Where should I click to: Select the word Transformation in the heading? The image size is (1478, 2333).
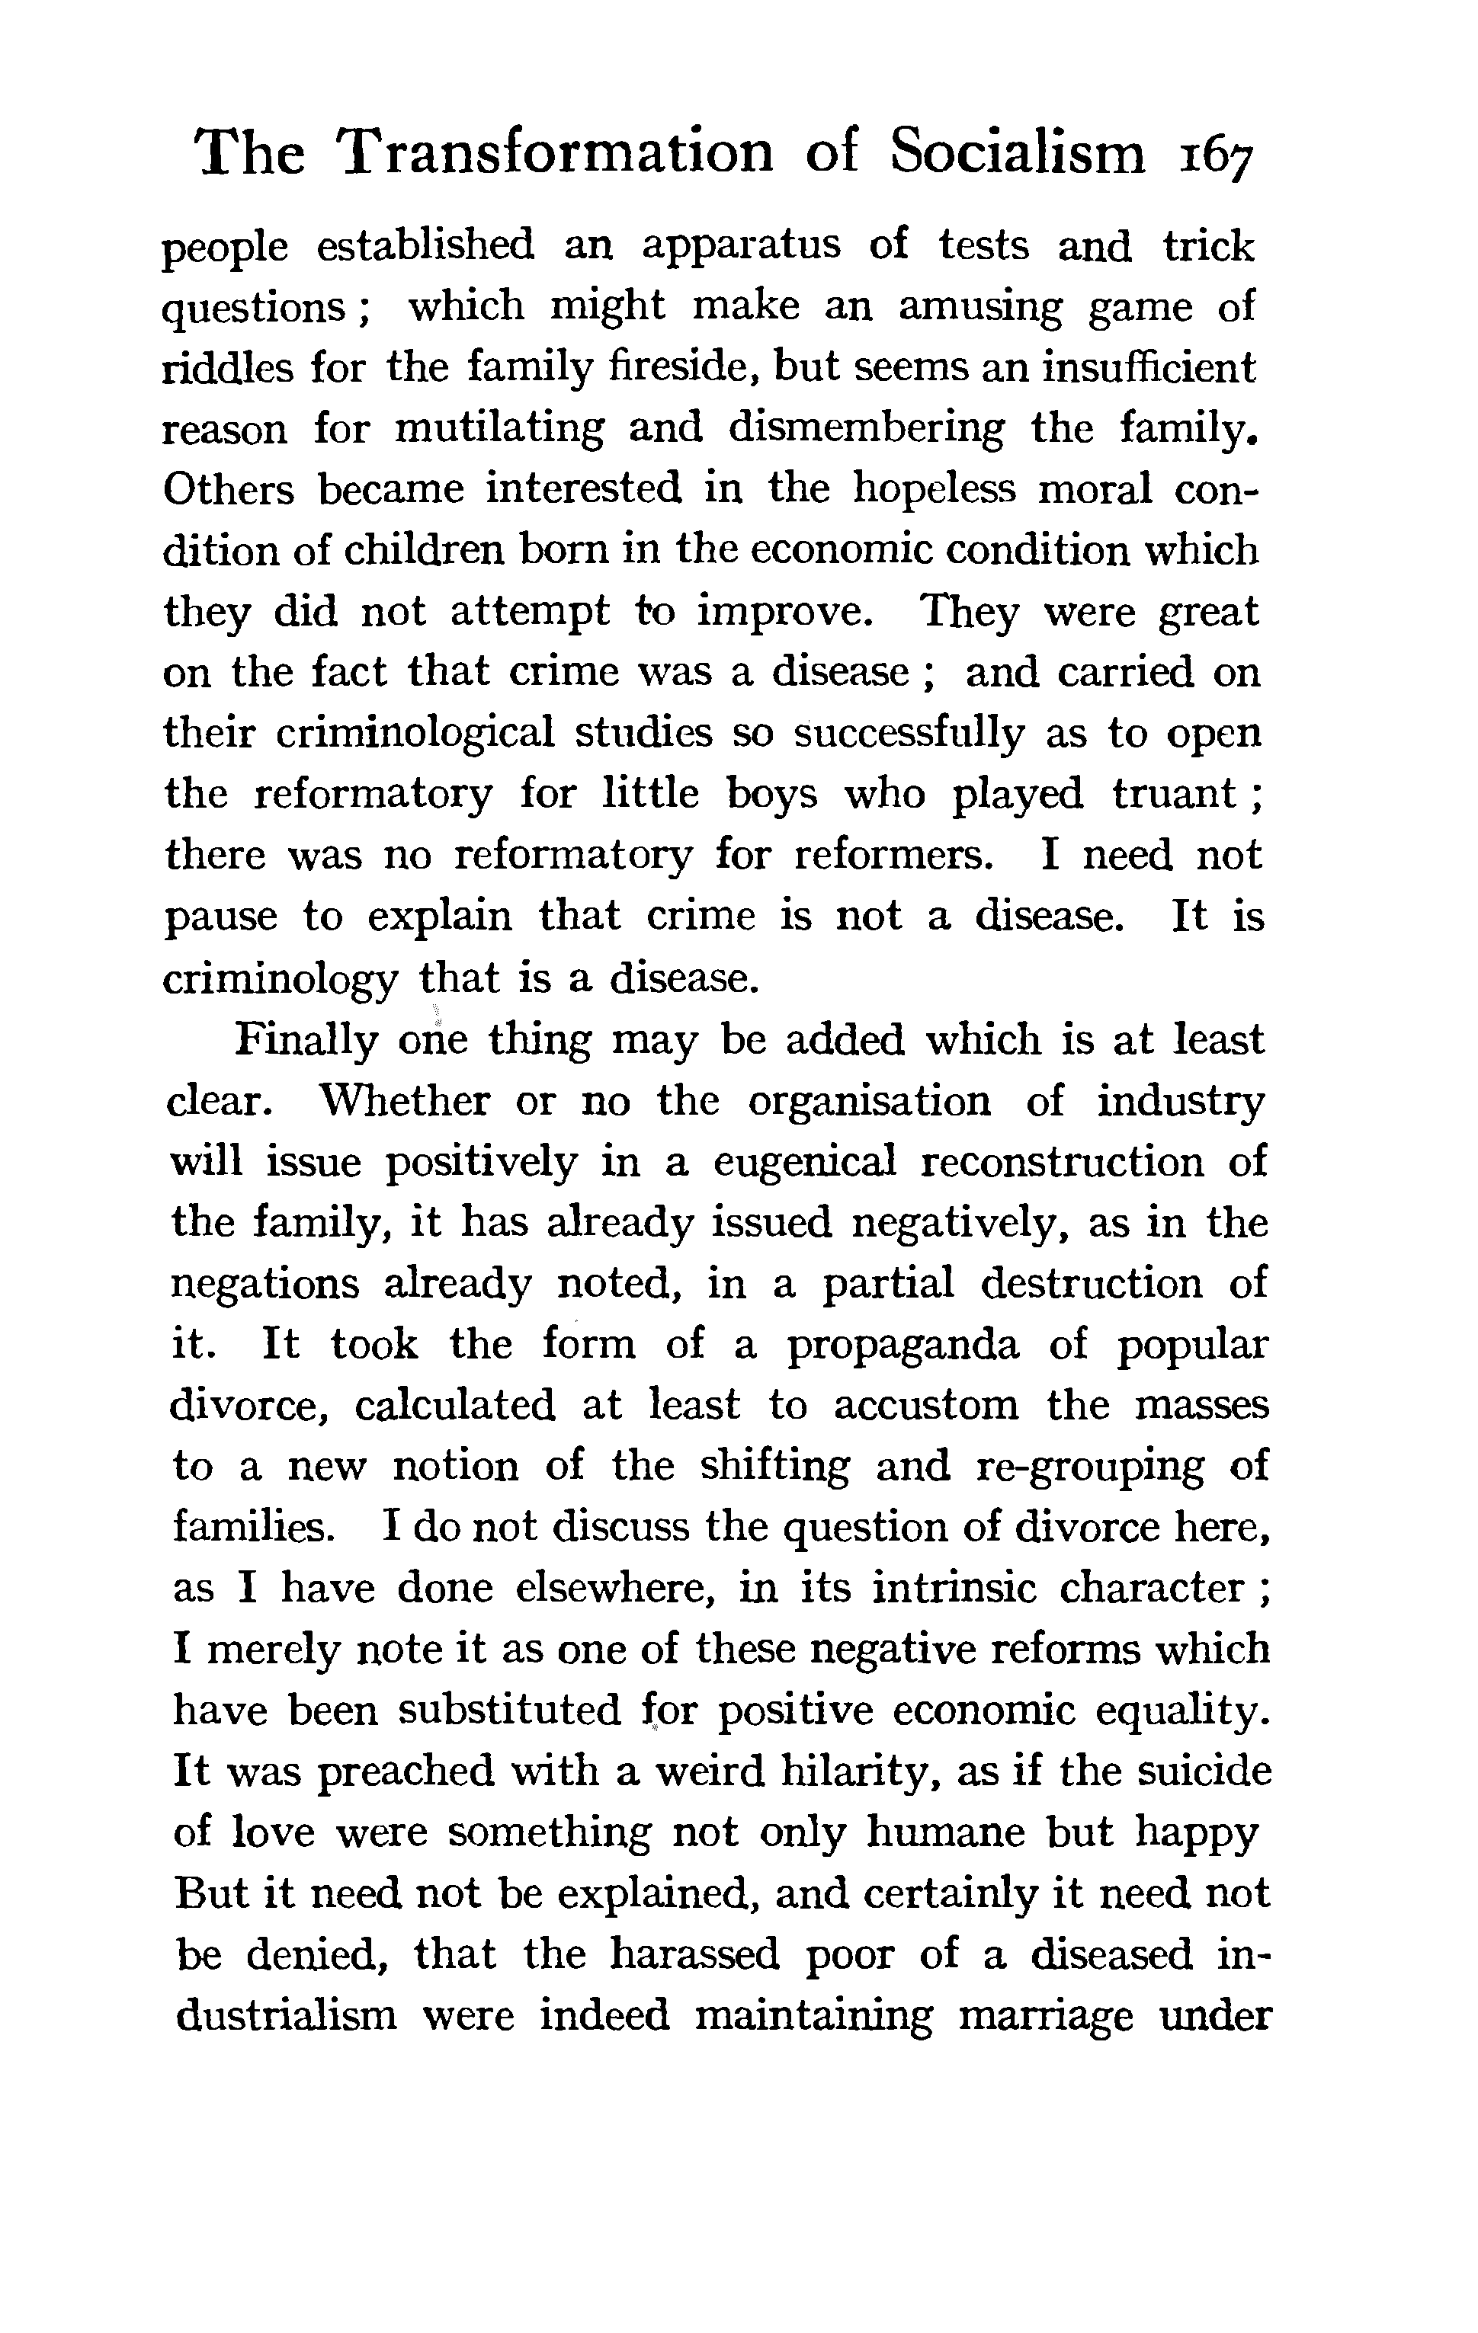[556, 153]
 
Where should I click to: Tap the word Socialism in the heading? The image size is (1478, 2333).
[1017, 153]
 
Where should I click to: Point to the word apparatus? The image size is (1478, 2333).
[742, 247]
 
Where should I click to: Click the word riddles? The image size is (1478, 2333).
[227, 368]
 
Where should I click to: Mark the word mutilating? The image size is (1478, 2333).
[499, 429]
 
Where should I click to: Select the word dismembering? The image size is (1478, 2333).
[867, 429]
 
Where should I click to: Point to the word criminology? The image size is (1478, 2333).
[280, 981]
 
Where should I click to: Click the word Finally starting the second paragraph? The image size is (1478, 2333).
[306, 1041]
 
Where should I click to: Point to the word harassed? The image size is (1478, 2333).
[695, 1955]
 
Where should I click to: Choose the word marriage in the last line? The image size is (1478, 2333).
[1045, 2017]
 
